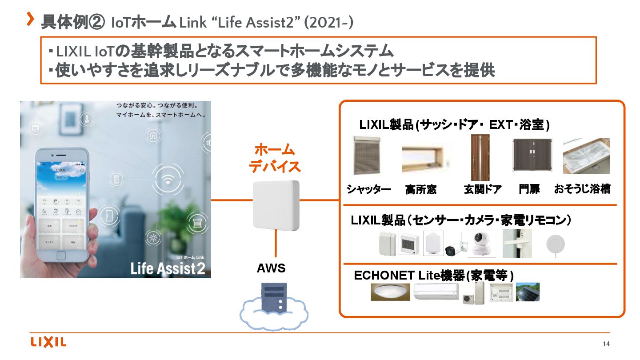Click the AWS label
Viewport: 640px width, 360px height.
271,268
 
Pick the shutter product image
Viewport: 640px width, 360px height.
367,155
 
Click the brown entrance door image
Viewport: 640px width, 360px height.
480,157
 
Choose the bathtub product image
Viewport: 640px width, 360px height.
586,156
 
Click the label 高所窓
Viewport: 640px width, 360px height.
420,190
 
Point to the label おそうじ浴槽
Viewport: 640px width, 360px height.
582,189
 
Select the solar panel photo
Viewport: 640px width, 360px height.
528,292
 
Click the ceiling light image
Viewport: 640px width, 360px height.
390,292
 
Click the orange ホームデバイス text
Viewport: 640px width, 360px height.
275,158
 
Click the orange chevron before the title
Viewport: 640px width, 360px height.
31,19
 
